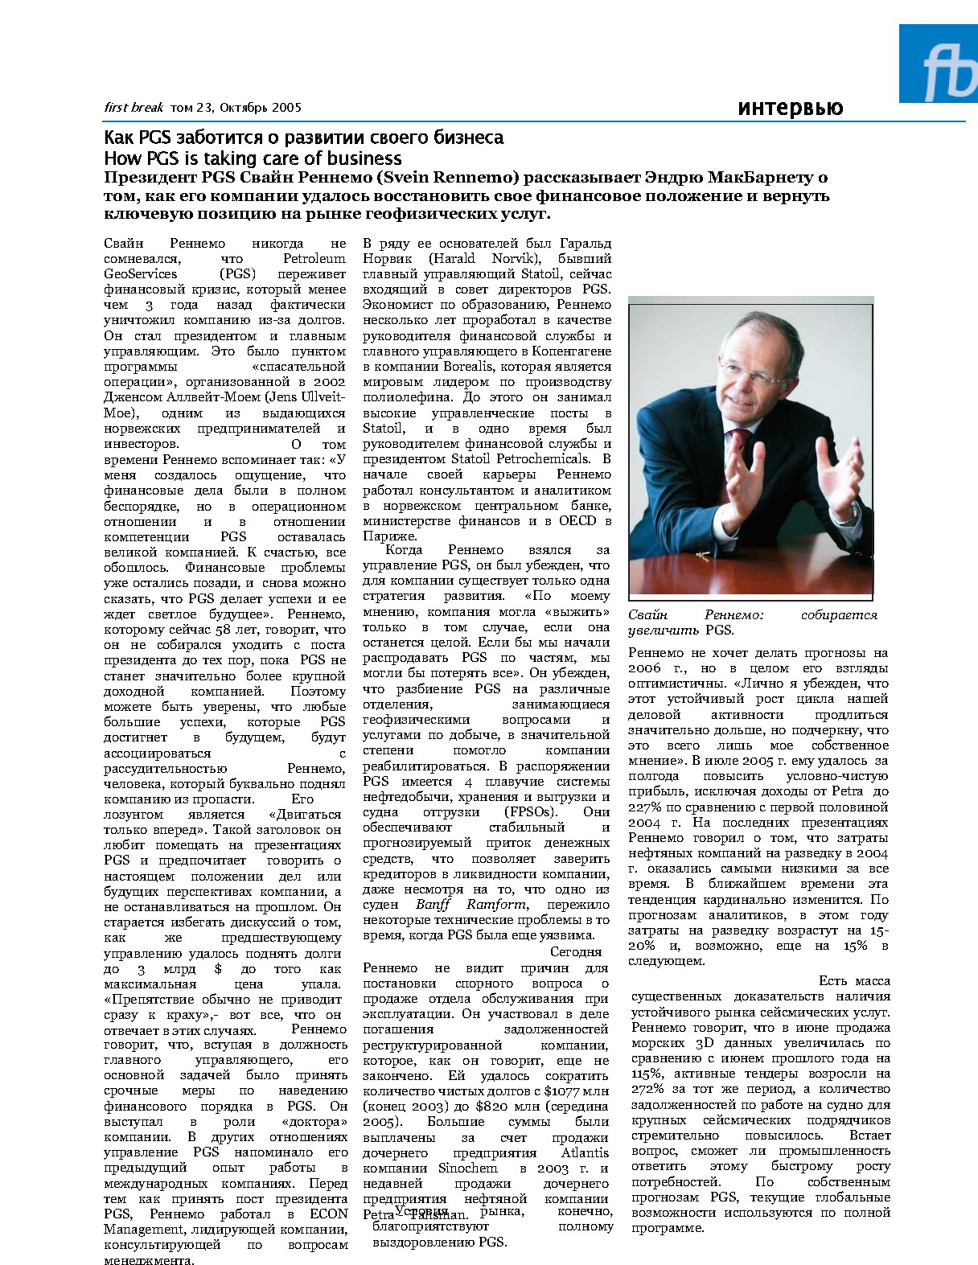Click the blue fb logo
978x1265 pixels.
pyautogui.click(x=938, y=64)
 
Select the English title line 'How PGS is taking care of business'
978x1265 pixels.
pyautogui.click(x=253, y=158)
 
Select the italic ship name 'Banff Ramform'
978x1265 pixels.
pyautogui.click(x=458, y=905)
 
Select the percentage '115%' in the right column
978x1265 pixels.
pyautogui.click(x=645, y=1074)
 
